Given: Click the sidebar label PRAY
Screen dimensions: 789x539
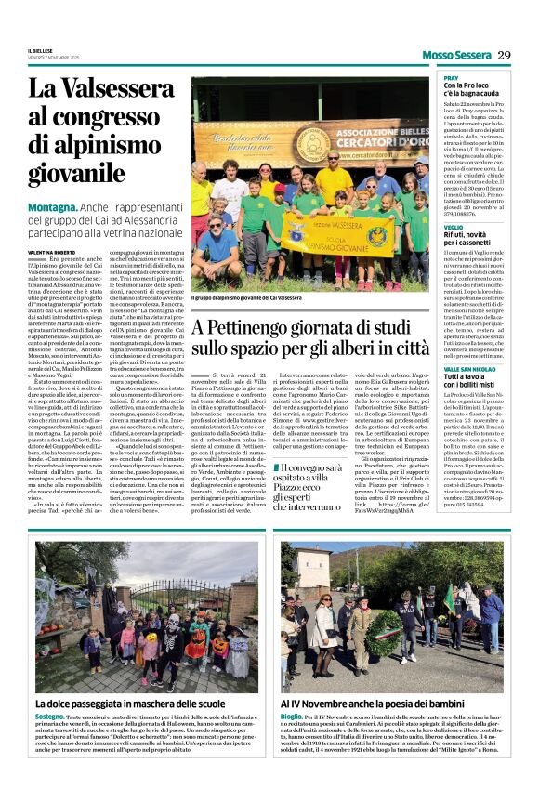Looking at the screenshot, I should coord(450,78).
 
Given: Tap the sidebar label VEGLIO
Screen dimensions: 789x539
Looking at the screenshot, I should coord(453,227).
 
